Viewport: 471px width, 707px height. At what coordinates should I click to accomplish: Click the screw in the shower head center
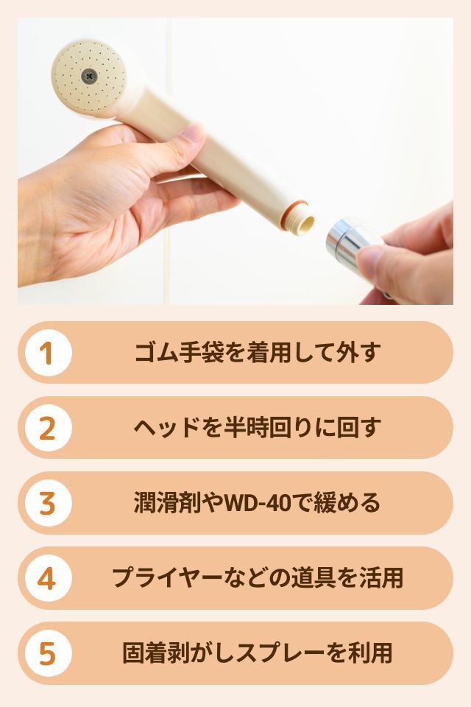[x=90, y=76]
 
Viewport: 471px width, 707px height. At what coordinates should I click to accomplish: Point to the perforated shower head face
[x=88, y=76]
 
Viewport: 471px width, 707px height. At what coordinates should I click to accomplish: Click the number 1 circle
[x=49, y=353]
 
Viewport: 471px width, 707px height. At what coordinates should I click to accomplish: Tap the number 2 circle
[x=49, y=428]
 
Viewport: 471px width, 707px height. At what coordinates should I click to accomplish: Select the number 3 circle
[x=49, y=503]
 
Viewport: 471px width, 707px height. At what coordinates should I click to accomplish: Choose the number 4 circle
[x=49, y=579]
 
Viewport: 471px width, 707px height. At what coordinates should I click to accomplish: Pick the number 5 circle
[x=49, y=653]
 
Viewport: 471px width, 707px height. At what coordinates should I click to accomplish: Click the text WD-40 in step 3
[x=258, y=503]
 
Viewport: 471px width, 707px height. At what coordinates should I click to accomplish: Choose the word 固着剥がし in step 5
[x=179, y=653]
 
